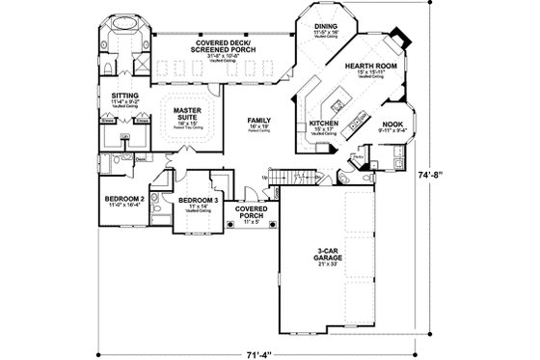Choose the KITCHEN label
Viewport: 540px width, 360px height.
(x=323, y=125)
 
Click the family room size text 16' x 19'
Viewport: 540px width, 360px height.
(x=258, y=126)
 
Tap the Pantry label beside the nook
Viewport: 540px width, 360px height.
(x=358, y=152)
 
